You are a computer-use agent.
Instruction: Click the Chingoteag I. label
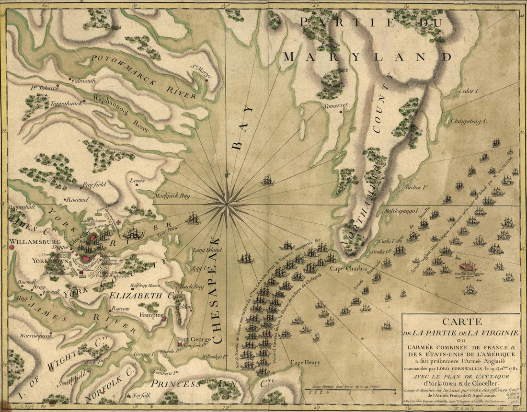468,122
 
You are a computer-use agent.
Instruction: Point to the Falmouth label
83,81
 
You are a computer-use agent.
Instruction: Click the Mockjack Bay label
172,196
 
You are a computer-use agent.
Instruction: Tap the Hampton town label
149,316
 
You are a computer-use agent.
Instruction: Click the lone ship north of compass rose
267,181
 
